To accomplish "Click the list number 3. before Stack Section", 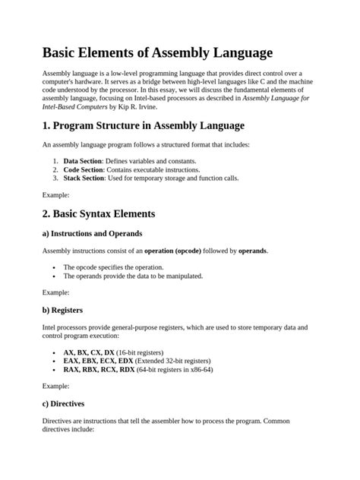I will click(x=56, y=178).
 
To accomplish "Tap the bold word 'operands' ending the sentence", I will click(x=251, y=250).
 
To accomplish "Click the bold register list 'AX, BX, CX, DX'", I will click(x=89, y=352).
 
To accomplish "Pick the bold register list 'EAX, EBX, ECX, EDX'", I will click(x=99, y=361).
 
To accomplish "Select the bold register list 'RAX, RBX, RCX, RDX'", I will click(x=99, y=369).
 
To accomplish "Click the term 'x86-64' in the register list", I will click(x=200, y=369).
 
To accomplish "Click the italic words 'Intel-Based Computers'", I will click(x=77, y=107).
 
